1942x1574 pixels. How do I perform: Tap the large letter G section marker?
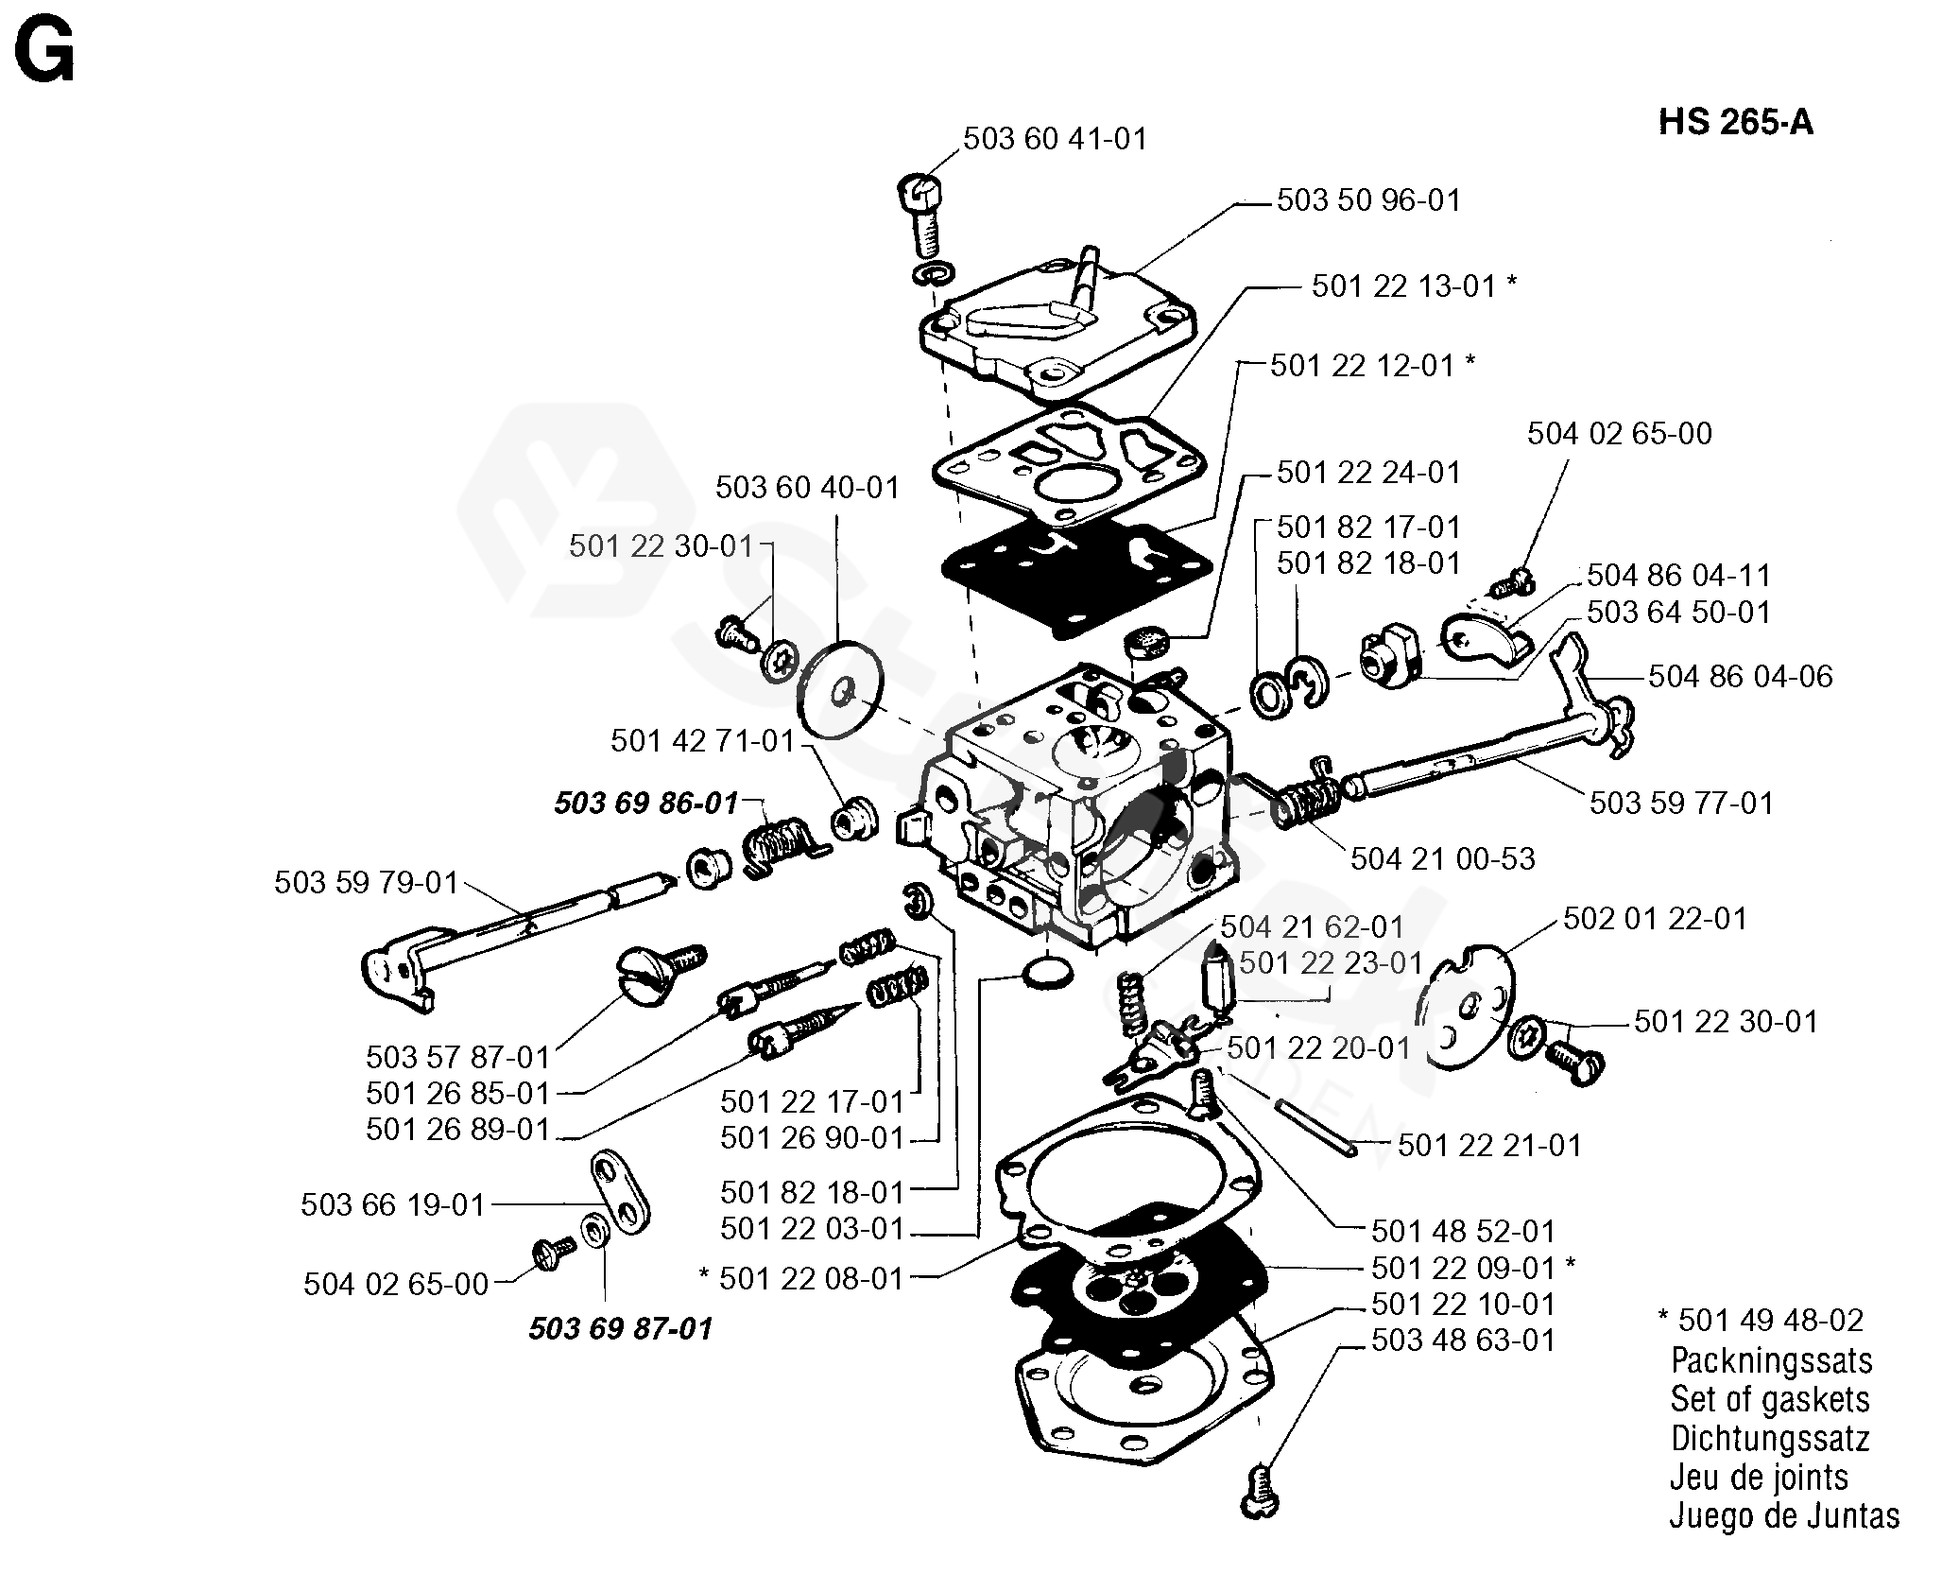(x=44, y=53)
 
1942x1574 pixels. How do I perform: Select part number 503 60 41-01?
(x=1055, y=139)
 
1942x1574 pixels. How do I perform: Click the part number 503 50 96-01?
(x=1369, y=200)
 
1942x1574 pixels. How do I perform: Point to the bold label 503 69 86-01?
(x=645, y=804)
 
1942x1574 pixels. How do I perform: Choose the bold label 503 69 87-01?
(x=621, y=1328)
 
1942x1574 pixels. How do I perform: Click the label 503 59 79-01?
(x=367, y=883)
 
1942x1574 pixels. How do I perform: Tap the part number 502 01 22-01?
(x=1656, y=918)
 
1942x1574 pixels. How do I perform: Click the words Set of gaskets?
(x=1770, y=1399)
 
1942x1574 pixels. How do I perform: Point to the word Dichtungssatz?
(x=1770, y=1438)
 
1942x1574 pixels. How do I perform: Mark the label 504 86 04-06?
(x=1741, y=676)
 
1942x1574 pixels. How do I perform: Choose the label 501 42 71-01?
(x=702, y=740)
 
